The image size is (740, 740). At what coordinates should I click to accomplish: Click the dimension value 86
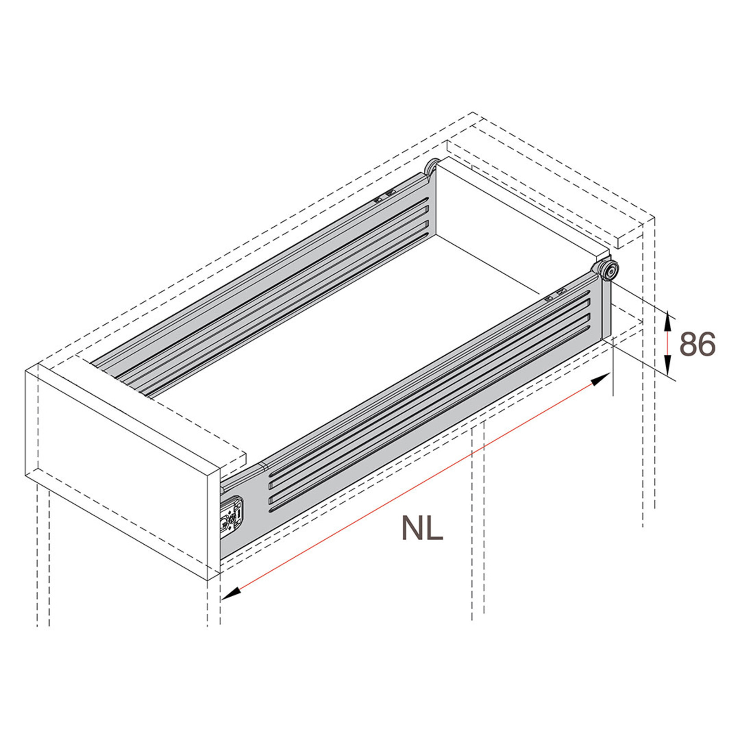pos(697,344)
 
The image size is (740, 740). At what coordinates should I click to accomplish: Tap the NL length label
pos(422,528)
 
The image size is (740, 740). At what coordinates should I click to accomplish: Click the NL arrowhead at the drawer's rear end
pos(600,380)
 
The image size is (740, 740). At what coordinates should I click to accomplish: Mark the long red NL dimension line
pos(417,486)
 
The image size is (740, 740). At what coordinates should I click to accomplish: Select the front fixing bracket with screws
pos(232,515)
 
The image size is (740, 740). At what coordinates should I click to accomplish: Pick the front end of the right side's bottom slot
pos(271,510)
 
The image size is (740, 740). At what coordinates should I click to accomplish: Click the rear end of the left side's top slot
pos(426,208)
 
